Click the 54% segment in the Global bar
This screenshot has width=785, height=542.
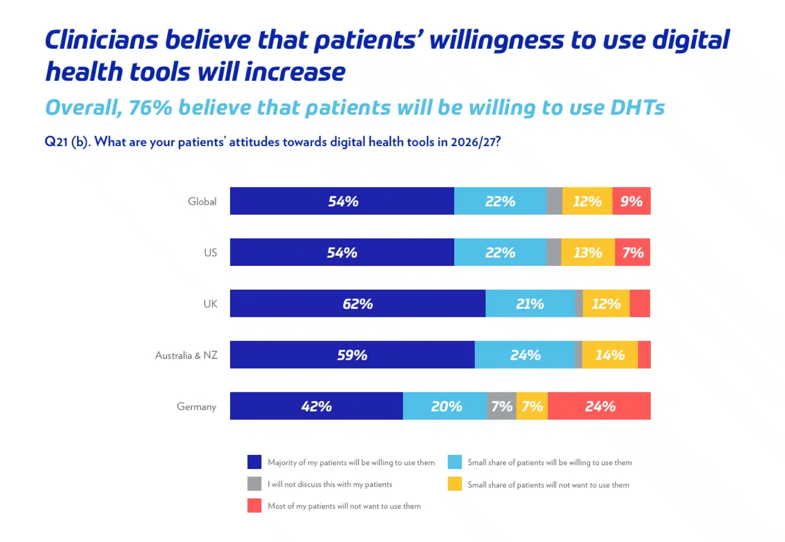click(342, 201)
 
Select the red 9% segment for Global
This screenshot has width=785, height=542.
click(631, 201)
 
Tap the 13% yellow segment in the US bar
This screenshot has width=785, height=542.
click(588, 252)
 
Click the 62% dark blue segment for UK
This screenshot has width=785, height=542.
click(357, 304)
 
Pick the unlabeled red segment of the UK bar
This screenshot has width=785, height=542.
click(640, 304)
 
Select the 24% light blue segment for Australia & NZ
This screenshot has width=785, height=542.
click(525, 355)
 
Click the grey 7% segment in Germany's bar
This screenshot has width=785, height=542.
click(502, 406)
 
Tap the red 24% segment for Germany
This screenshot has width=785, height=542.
click(599, 406)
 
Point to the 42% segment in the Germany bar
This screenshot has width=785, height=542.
click(316, 406)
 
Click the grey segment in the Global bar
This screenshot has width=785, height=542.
click(554, 201)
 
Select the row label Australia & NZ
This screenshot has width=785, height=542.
click(186, 355)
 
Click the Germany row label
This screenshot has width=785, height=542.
click(196, 407)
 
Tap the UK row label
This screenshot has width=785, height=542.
click(210, 304)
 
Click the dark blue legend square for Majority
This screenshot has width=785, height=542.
click(254, 462)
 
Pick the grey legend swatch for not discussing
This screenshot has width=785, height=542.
click(254, 484)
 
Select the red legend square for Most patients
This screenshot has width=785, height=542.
click(254, 506)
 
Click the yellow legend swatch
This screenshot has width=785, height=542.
click(455, 484)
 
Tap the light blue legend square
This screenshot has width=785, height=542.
click(455, 462)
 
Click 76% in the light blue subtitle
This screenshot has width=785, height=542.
click(150, 107)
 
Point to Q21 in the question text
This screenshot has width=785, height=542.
click(56, 142)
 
